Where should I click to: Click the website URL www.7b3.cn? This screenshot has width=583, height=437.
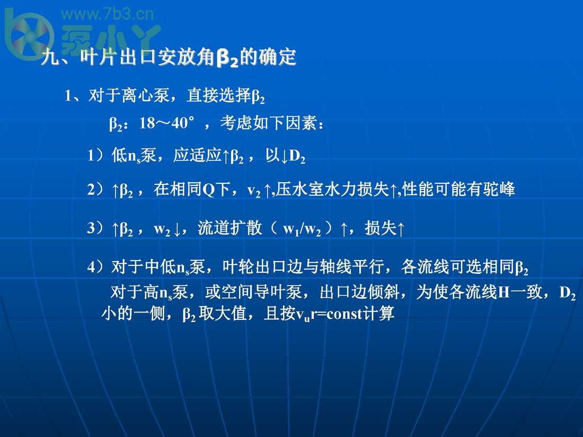107,14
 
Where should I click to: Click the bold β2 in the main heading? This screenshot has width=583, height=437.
227,58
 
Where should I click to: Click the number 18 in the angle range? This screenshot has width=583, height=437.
147,123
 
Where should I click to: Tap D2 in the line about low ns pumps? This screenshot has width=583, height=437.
297,156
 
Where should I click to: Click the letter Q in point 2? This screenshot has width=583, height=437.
209,190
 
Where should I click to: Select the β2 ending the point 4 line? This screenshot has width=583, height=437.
522,267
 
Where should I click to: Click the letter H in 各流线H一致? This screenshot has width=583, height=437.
503,292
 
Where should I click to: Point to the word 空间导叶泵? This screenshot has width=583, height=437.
261,292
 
